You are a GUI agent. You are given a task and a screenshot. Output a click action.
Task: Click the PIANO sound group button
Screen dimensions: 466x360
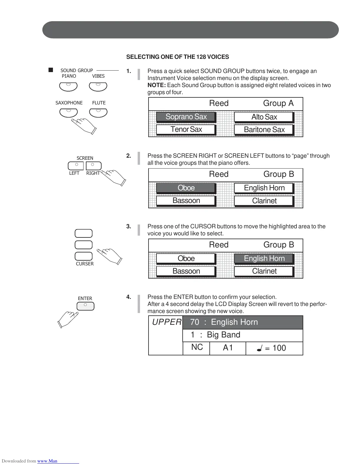coord(68,86)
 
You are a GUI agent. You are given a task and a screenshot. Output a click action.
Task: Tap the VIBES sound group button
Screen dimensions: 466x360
coord(98,86)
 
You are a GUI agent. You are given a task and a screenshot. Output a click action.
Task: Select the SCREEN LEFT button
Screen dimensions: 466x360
coord(76,166)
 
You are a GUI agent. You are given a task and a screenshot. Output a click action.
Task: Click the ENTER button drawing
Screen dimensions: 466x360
coord(85,306)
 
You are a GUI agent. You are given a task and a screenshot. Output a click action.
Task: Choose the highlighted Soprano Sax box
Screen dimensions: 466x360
coord(186,117)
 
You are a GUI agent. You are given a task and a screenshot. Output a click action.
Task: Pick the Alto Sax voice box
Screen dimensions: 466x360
coord(264,117)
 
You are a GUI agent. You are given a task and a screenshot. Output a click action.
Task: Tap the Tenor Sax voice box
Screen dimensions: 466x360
coord(186,129)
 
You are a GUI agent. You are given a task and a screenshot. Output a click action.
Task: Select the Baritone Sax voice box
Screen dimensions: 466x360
coord(264,130)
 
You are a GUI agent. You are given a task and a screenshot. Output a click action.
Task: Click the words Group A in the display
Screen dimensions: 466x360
coord(278,103)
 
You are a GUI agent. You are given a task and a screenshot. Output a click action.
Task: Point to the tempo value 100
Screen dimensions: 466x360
coord(279,348)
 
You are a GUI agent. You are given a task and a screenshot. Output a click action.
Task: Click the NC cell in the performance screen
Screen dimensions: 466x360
coord(197,347)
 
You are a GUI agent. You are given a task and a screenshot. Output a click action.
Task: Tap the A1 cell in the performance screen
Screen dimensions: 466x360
coord(228,348)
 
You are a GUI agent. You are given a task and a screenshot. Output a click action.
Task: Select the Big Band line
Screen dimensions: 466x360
coord(224,335)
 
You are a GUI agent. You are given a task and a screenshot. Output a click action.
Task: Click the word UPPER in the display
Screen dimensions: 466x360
coord(166,322)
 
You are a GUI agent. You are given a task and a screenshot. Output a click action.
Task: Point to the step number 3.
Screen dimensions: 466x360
coord(129,227)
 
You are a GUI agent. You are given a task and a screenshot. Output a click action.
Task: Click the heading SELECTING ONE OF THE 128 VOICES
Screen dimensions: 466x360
coord(177,57)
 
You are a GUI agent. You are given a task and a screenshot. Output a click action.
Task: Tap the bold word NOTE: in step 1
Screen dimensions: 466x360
coord(156,85)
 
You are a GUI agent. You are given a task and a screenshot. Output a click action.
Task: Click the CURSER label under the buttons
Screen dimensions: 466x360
coord(85,264)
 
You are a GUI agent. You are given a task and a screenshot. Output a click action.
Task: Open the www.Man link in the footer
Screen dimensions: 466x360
coord(47,461)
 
